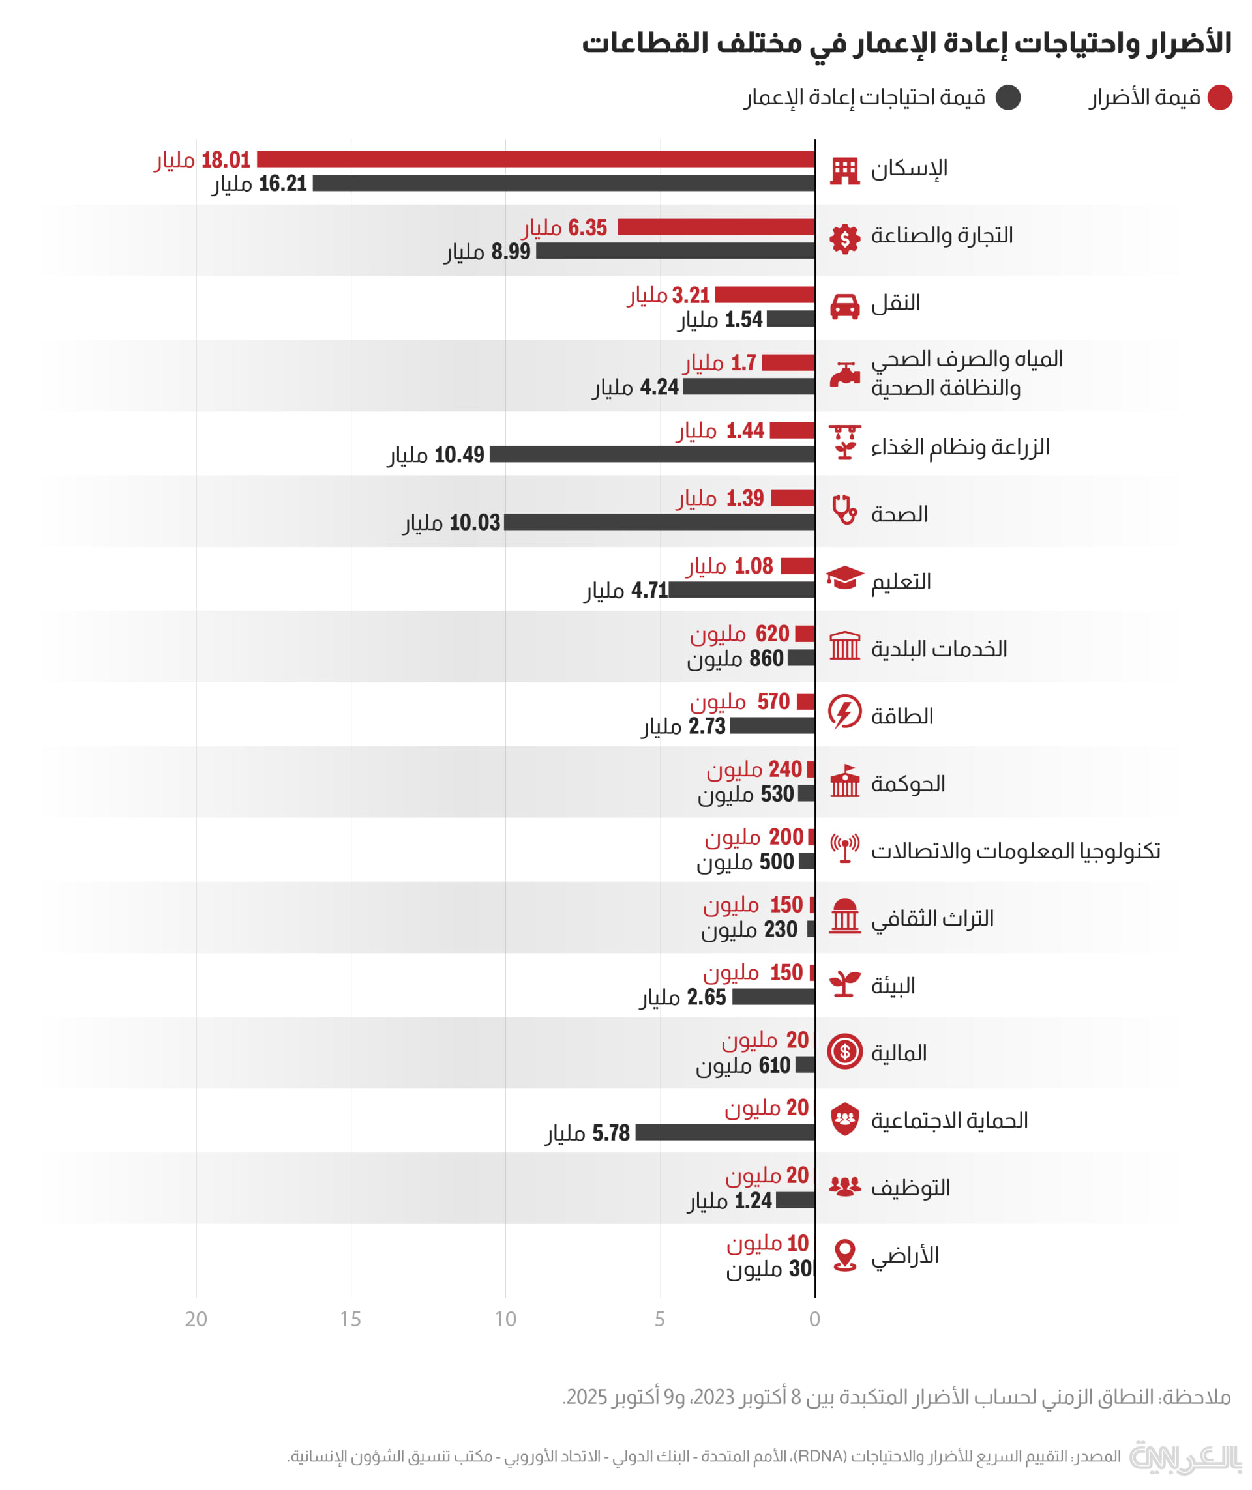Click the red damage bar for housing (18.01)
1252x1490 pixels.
536,159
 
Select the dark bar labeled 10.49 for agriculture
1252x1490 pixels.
652,454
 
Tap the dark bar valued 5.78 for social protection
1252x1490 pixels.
724,1132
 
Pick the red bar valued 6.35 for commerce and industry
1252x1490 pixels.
716,227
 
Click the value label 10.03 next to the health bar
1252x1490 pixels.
474,523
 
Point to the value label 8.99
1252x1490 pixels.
511,251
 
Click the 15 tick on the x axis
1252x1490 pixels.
351,1319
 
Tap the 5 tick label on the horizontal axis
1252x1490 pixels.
660,1319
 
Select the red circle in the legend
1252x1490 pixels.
1220,97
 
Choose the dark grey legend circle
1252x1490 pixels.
1008,97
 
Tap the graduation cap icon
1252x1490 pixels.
844,578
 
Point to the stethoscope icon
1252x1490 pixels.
844,510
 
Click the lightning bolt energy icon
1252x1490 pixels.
844,712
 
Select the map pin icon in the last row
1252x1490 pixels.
844,1255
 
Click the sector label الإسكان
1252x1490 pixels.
909,169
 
